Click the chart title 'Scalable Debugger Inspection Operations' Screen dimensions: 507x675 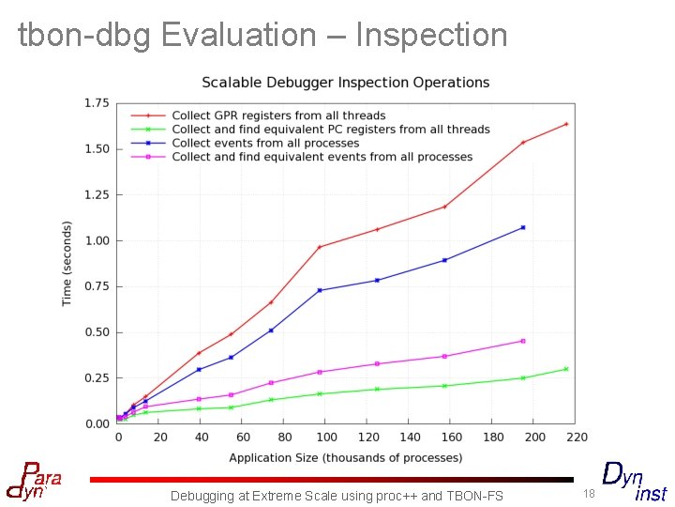click(346, 83)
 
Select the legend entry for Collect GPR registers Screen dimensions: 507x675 click(278, 116)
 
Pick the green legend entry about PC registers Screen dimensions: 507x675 click(331, 130)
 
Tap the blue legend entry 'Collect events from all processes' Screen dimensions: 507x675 click(265, 144)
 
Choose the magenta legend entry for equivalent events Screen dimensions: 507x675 click(322, 157)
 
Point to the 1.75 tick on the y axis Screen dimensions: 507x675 click(96, 102)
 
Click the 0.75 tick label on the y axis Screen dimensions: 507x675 click(96, 286)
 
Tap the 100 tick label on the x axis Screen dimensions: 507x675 click(326, 437)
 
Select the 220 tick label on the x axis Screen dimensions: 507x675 click(577, 437)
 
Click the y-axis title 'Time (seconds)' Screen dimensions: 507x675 click(67, 264)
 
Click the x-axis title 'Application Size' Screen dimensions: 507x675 click(345, 458)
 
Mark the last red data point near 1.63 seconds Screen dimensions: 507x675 click(566, 124)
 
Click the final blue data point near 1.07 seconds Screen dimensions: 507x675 click(523, 227)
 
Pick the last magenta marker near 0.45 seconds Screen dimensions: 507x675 click(523, 341)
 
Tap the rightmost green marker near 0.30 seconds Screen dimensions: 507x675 click(566, 369)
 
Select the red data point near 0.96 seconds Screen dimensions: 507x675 click(320, 247)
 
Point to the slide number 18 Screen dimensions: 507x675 click(589, 493)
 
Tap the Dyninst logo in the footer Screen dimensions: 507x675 click(634, 482)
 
